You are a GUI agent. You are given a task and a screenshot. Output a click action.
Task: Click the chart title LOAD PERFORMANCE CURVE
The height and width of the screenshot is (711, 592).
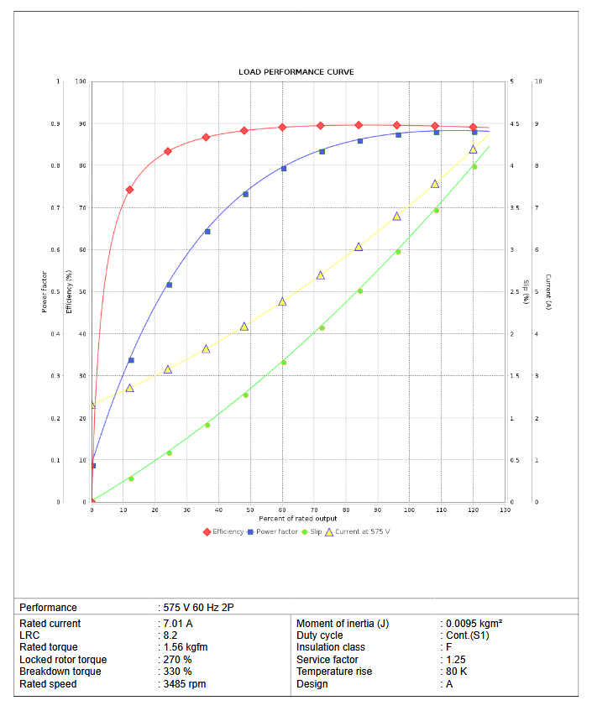296,72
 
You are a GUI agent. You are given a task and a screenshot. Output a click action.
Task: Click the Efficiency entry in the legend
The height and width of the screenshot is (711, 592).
228,531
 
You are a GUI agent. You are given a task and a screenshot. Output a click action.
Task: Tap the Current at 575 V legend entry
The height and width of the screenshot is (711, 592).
362,531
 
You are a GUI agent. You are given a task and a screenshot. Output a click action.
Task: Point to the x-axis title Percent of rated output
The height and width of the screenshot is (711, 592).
298,519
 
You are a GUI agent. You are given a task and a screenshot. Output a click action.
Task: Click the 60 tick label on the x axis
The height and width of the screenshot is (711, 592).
282,510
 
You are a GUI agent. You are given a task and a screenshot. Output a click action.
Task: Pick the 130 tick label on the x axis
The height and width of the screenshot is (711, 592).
505,510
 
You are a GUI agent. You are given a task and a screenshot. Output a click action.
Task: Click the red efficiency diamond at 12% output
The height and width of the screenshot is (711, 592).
129,190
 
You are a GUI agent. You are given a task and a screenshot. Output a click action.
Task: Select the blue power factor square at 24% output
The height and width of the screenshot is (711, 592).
169,285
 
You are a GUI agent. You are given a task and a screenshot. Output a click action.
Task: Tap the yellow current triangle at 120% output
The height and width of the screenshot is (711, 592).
473,149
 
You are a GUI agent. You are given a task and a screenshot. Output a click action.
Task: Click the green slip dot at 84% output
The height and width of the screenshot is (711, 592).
360,291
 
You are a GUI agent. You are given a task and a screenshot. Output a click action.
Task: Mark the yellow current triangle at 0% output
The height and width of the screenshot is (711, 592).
92,405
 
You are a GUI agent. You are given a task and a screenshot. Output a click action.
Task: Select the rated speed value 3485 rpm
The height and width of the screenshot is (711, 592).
184,684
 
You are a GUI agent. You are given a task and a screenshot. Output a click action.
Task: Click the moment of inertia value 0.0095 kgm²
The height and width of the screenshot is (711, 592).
474,624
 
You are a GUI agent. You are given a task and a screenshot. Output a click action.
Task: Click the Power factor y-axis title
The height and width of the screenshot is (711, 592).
45,291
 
